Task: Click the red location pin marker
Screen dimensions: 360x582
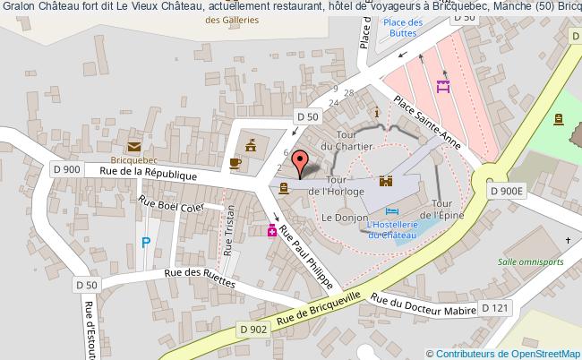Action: [x=304, y=162]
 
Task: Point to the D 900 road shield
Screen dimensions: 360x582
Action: [x=66, y=168]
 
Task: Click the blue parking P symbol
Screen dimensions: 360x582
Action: [x=146, y=242]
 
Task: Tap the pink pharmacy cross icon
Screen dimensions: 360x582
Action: [x=271, y=231]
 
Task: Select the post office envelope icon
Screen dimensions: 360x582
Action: [x=133, y=147]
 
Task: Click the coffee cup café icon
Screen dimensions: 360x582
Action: [x=235, y=163]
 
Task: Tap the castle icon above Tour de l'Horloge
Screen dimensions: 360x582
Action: [x=387, y=180]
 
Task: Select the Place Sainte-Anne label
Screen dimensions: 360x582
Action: [x=428, y=123]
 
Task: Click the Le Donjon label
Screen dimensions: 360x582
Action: [x=340, y=218]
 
